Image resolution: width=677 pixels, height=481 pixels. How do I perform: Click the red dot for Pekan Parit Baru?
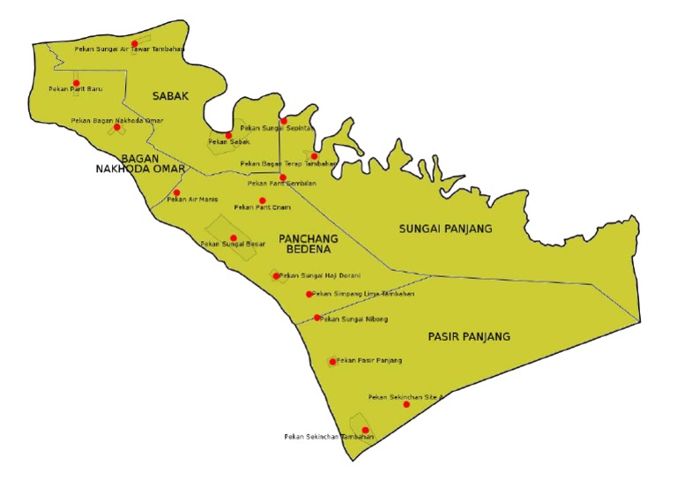pyautogui.click(x=76, y=83)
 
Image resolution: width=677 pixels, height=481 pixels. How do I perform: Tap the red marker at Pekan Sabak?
pyautogui.click(x=228, y=135)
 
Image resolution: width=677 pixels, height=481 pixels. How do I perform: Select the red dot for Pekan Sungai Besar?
pyautogui.click(x=234, y=238)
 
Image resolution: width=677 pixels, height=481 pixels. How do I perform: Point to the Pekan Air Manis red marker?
pyautogui.click(x=176, y=192)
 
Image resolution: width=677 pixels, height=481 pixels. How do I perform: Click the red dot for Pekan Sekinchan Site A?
pyautogui.click(x=406, y=404)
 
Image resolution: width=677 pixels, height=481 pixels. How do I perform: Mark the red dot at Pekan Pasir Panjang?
pyautogui.click(x=332, y=361)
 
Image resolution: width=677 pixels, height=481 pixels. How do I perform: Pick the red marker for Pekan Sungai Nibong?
pyautogui.click(x=317, y=318)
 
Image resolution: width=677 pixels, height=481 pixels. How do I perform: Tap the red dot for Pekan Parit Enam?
pyautogui.click(x=262, y=200)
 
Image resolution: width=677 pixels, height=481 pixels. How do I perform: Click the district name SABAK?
pyautogui.click(x=170, y=95)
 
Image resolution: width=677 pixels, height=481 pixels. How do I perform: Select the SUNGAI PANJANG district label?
pyautogui.click(x=445, y=229)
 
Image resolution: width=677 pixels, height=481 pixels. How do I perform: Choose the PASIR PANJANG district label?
pyautogui.click(x=469, y=336)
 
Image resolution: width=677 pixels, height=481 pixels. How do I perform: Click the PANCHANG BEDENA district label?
pyautogui.click(x=308, y=244)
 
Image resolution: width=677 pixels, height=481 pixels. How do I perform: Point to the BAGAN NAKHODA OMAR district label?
pyautogui.click(x=140, y=163)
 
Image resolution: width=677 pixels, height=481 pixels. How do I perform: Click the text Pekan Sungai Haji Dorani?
pyautogui.click(x=319, y=276)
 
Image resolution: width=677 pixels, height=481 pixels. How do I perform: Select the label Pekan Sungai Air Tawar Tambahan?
pyautogui.click(x=129, y=49)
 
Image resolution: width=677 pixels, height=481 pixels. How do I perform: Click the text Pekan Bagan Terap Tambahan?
pyautogui.click(x=288, y=163)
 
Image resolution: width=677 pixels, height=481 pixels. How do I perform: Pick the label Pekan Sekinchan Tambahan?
pyautogui.click(x=329, y=437)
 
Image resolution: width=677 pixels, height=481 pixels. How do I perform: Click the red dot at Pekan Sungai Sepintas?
pyautogui.click(x=284, y=121)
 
